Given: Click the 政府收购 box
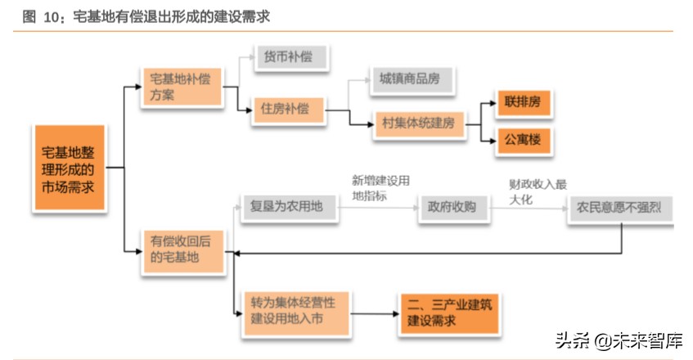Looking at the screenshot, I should coord(452,207).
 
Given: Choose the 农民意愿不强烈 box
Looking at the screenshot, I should coord(619,208).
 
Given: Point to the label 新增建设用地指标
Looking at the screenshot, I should coord(380,187).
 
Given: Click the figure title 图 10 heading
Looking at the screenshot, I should coord(147,16).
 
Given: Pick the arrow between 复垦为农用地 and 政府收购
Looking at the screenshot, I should coord(377,208).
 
